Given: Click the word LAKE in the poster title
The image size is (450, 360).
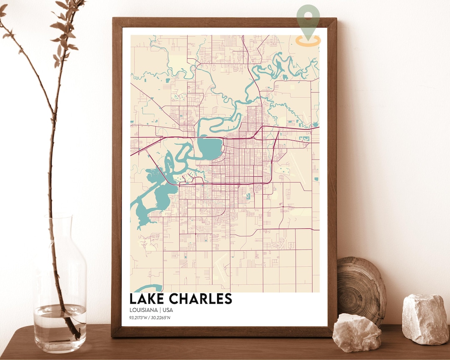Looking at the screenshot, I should (x=147, y=299).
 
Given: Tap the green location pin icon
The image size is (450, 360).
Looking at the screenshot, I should (x=308, y=19).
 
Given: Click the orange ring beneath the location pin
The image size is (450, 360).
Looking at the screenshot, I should (x=308, y=40).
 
